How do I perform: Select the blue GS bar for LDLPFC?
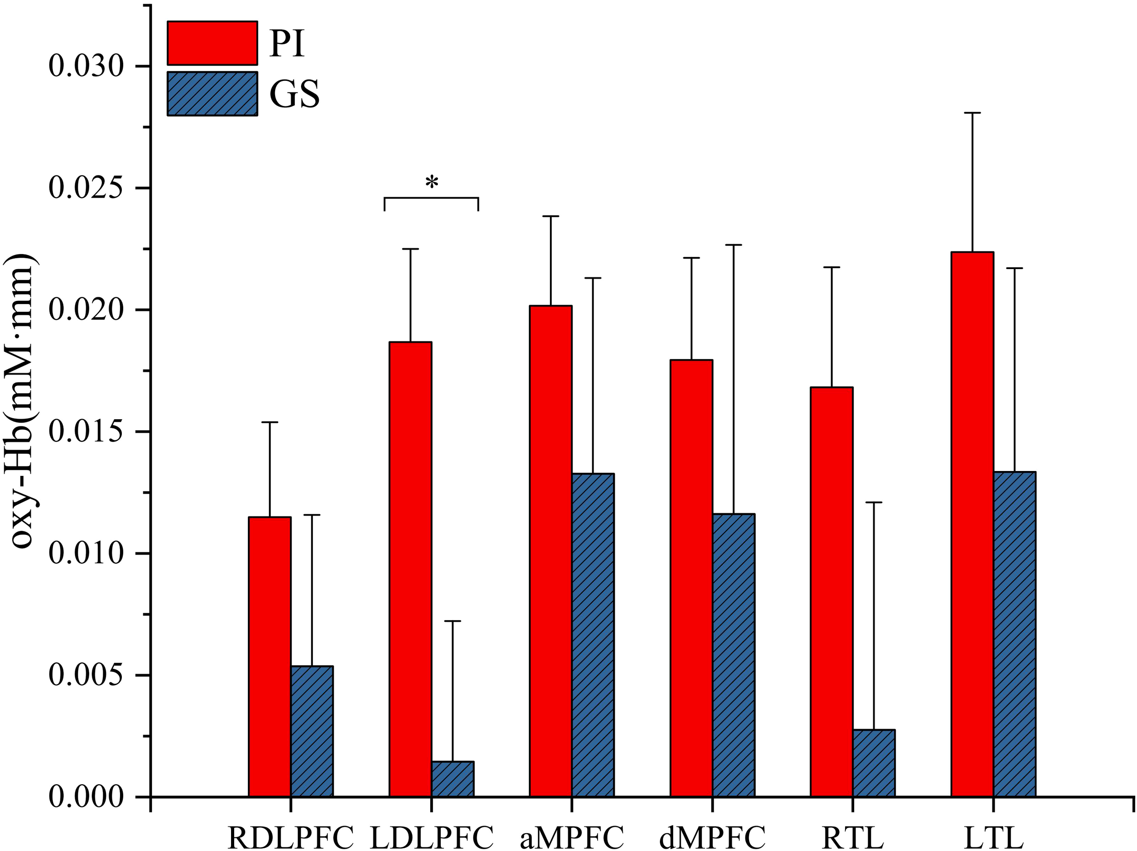453,779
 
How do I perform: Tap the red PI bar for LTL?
972,524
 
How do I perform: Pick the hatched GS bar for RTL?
874,763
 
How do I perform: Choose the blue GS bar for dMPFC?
734,655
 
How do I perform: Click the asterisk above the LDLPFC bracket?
432,182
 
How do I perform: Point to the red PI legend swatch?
212,43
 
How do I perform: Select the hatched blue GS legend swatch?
212,94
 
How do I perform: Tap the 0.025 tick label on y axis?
86,188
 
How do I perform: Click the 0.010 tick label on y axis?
86,553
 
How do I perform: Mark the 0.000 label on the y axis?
86,797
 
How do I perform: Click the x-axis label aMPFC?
572,838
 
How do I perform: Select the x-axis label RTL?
853,838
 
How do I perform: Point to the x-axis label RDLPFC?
291,838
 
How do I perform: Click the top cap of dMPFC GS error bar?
734,245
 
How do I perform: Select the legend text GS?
295,94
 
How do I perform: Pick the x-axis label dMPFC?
712,838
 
